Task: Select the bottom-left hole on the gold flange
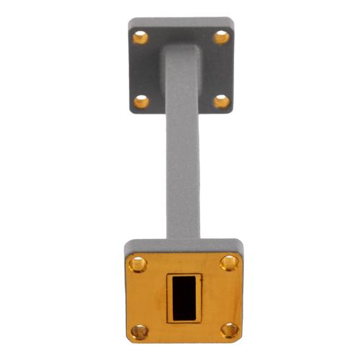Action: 140,331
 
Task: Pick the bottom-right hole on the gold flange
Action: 230,330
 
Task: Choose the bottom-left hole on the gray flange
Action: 141,101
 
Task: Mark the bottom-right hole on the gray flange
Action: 222,101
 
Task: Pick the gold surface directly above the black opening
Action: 184,264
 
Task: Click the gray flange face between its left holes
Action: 141,68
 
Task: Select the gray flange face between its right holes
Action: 222,68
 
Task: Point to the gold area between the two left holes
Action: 140,297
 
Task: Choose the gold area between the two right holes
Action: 229,297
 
